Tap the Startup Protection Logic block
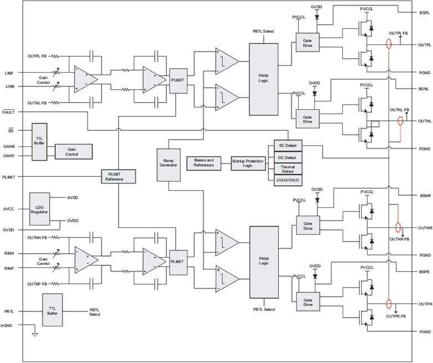[249, 163]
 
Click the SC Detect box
[287, 146]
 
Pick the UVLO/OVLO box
[287, 180]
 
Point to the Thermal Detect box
[287, 168]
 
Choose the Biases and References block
[203, 163]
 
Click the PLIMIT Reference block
[119, 176]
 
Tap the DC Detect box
[287, 157]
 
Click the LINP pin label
[9, 73]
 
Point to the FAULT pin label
[9, 112]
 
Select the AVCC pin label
[9, 209]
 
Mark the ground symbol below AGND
[35, 335]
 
